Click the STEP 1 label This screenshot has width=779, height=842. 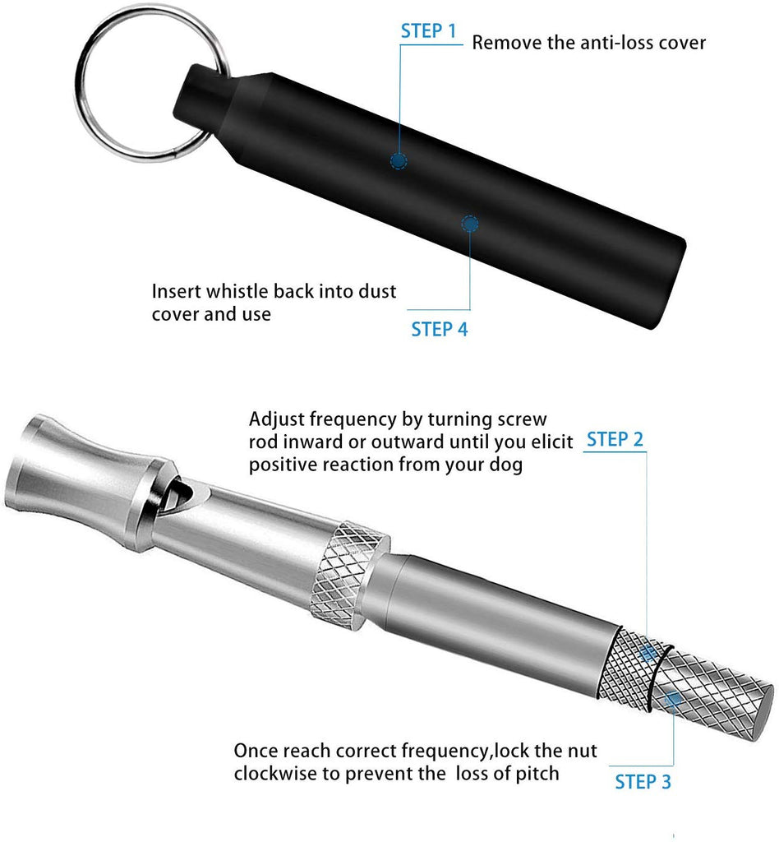pyautogui.click(x=428, y=31)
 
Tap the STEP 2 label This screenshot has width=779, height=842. pyautogui.click(x=615, y=439)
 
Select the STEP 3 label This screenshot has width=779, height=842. pyautogui.click(x=643, y=782)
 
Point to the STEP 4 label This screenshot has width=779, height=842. pyautogui.click(x=440, y=329)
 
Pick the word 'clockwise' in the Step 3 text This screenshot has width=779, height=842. pyautogui.click(x=275, y=774)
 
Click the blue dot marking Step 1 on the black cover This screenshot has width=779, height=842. pyautogui.click(x=398, y=160)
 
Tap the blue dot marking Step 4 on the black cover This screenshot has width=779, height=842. pyautogui.click(x=470, y=224)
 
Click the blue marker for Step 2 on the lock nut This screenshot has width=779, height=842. pyautogui.click(x=648, y=654)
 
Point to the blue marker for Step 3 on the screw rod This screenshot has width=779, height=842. pyautogui.click(x=673, y=699)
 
